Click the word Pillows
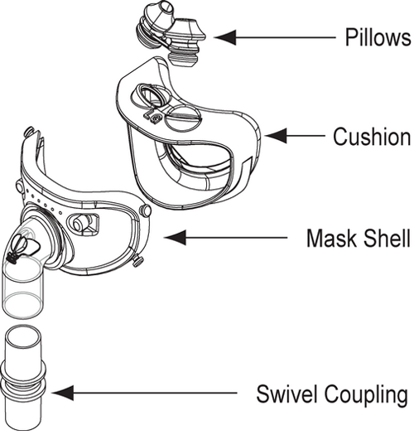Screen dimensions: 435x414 coord(378,37)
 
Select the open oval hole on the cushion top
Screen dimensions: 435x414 coord(152,99)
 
